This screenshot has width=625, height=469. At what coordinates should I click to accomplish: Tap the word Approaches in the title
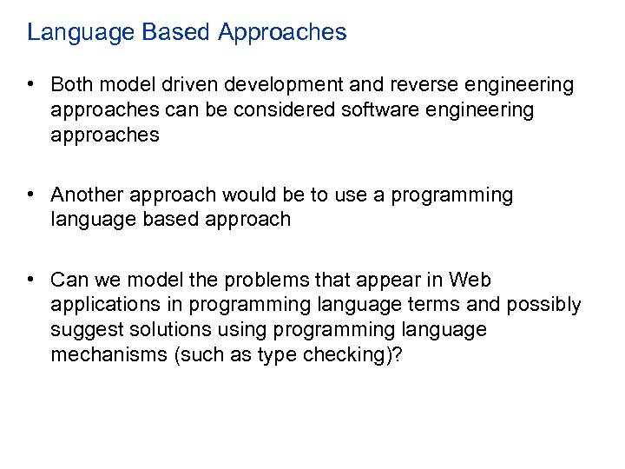point(282,33)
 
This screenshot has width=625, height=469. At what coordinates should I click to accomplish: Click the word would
point(244,195)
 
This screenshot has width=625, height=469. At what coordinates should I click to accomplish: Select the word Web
point(470,281)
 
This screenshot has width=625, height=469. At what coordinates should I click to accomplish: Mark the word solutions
point(168,330)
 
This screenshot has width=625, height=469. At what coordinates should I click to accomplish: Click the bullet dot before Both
point(30,84)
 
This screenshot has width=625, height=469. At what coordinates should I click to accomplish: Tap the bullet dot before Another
point(30,194)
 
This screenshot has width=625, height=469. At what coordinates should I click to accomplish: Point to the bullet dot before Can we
point(30,280)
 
